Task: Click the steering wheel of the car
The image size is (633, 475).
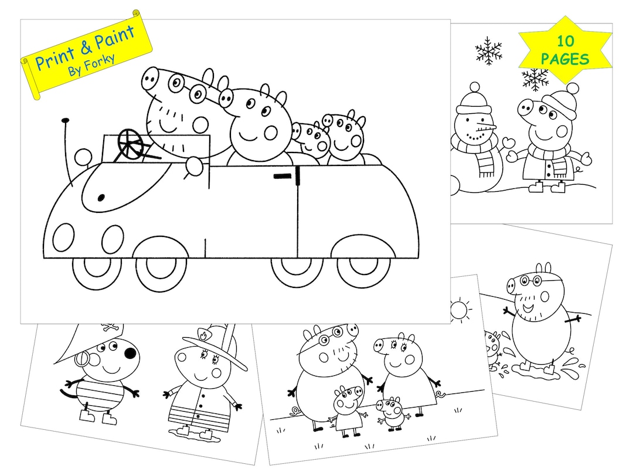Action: coord(132,142)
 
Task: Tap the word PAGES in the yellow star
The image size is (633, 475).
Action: coord(565,59)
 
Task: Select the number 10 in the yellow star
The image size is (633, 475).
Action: coord(565,42)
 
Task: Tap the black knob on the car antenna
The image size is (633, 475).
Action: coord(64,121)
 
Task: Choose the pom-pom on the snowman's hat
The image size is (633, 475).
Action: coord(474,87)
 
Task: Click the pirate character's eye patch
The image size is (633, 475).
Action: coord(129,354)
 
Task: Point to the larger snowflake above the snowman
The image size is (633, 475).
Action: coord(488,51)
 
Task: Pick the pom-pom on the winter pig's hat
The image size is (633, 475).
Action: coord(572,89)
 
